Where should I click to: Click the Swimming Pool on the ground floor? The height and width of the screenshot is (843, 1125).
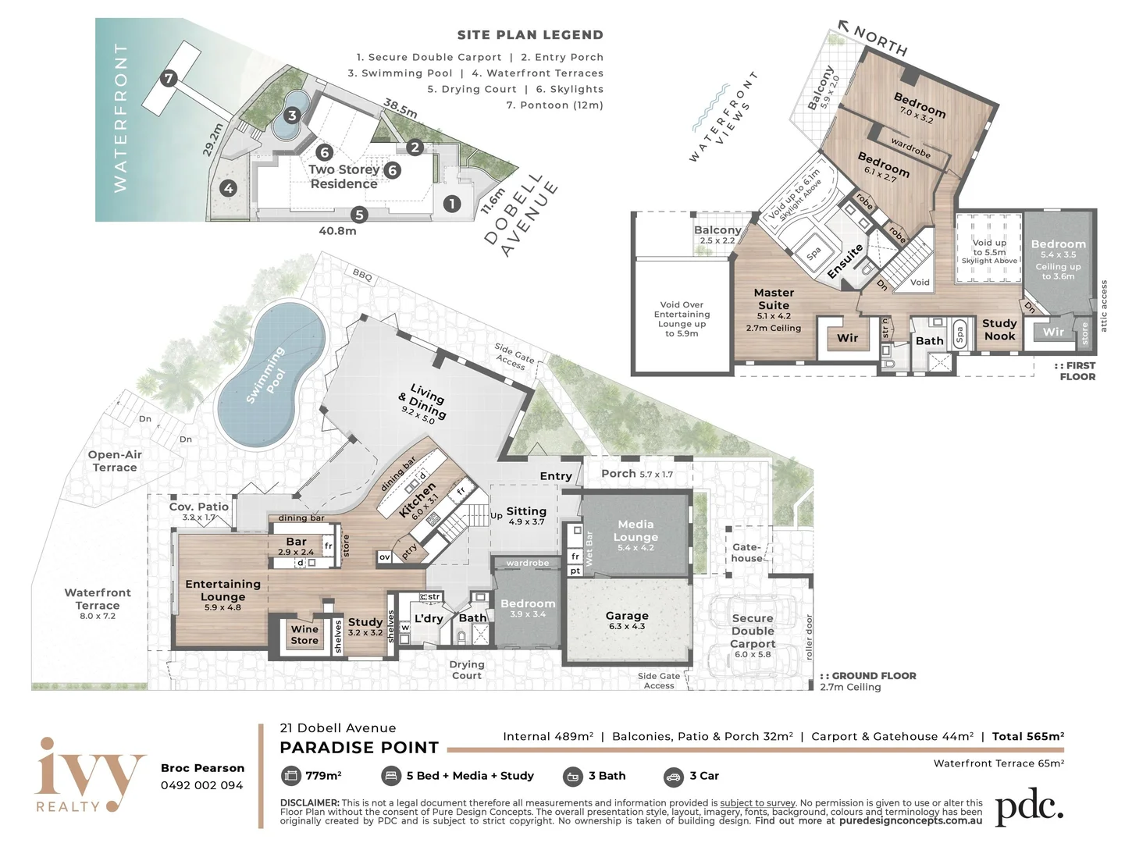pos(269,375)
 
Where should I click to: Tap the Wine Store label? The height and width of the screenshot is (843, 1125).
pos(304,635)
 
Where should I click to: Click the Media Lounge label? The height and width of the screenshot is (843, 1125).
pos(635,531)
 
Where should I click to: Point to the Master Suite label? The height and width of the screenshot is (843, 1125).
pos(774,299)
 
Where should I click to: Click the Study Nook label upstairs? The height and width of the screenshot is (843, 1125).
pos(999,329)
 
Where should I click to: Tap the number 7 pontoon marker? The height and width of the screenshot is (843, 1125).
pos(169,78)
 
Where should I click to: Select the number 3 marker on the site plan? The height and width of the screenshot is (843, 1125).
pos(292,116)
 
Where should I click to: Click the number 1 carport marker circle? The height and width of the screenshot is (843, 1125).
pos(451,204)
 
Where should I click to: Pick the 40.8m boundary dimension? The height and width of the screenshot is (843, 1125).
pos(337,231)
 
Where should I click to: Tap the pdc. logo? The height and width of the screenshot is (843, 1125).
pos(1029,809)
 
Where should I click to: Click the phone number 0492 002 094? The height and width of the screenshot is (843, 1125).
pos(202,785)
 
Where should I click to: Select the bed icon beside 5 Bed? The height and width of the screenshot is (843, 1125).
pos(390,776)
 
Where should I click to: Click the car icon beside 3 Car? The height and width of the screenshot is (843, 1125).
pos(673,776)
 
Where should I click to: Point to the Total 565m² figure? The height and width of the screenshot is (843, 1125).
pos(1027,736)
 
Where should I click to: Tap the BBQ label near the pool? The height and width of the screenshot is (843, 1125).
pos(362,276)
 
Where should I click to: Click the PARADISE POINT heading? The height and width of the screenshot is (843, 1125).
pos(359,748)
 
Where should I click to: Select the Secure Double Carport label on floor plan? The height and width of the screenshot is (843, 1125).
pos(753,631)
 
